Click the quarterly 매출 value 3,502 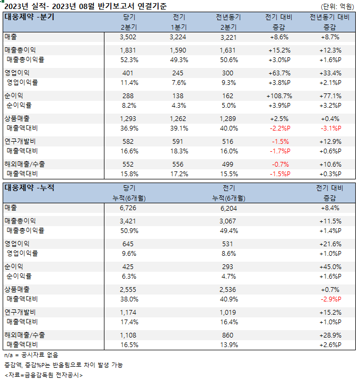(129, 37)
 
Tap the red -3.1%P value (330, 128)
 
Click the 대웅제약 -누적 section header (30, 187)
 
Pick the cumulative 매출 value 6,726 (129, 208)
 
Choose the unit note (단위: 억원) (337, 6)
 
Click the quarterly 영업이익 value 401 (129, 73)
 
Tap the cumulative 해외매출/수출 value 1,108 (129, 335)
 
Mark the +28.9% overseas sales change (330, 335)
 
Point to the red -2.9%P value (330, 298)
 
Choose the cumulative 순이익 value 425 (129, 266)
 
